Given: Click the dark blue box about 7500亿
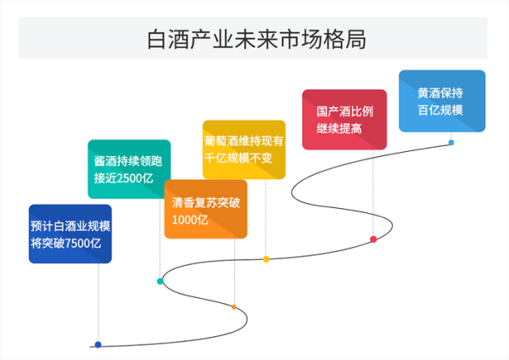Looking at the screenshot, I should click(x=70, y=233).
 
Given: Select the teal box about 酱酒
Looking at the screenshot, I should click(x=129, y=168).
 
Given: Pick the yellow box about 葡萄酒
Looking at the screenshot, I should click(x=243, y=149).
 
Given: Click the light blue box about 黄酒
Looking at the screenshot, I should click(x=441, y=100).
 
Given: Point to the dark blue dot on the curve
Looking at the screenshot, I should click(x=98, y=345).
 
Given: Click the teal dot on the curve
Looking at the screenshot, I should click(x=159, y=281).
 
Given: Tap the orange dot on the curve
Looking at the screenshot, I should click(x=234, y=307).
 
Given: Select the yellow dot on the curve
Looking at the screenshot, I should click(x=266, y=259).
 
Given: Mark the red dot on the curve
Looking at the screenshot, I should click(x=373, y=239).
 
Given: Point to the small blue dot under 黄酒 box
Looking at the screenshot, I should click(x=451, y=143).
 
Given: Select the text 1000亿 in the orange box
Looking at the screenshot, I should click(x=190, y=220).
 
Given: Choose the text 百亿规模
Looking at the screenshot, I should click(x=440, y=110).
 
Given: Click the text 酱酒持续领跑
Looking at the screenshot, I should click(x=129, y=159).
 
